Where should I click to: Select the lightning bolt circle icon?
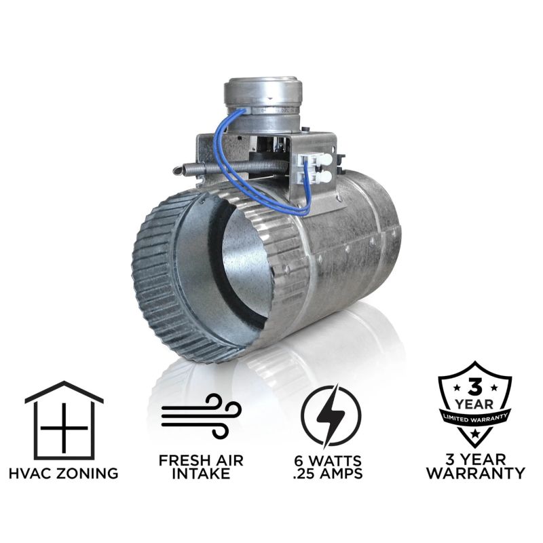331,416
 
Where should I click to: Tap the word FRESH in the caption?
183,461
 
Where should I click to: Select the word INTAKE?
201,473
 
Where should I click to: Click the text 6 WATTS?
328,461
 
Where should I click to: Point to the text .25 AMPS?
328,473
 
